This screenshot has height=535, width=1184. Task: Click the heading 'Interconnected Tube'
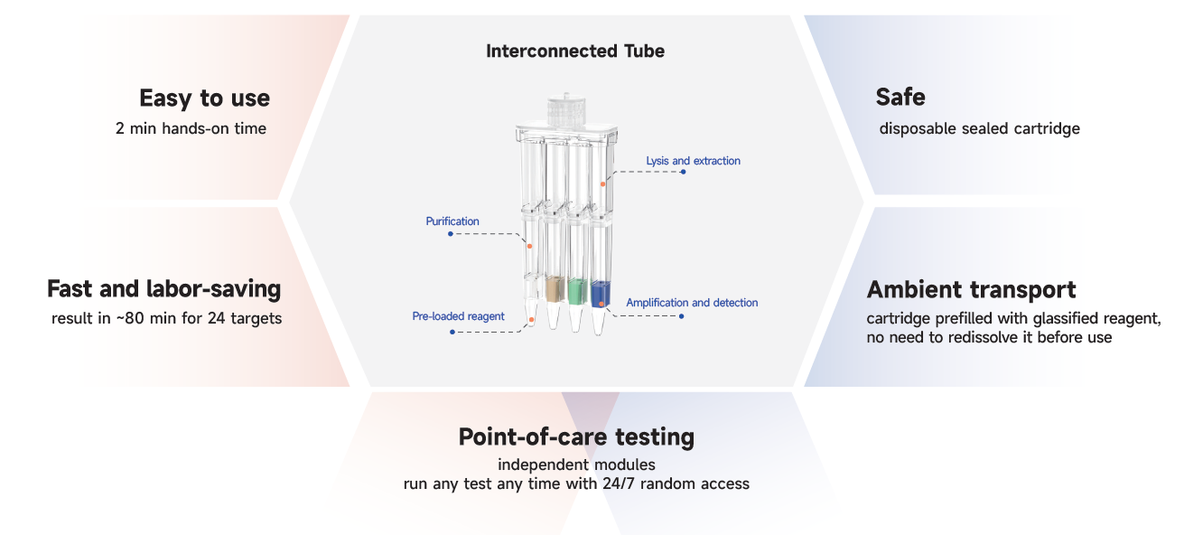click(x=574, y=52)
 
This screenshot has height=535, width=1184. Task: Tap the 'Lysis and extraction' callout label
click(x=693, y=161)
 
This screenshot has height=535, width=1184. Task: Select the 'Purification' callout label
click(x=452, y=221)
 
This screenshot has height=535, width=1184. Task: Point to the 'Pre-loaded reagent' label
click(x=458, y=316)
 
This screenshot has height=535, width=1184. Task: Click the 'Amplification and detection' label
click(x=692, y=303)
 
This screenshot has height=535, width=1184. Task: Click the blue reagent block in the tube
click(x=601, y=292)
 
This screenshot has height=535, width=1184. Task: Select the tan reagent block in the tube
click(x=555, y=289)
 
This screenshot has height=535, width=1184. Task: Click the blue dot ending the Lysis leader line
click(x=683, y=172)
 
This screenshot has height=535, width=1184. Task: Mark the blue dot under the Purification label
click(x=451, y=234)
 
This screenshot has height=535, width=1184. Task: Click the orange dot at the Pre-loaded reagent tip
click(x=532, y=321)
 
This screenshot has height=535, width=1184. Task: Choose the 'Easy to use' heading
click(x=204, y=98)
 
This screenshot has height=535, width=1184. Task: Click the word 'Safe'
click(x=900, y=97)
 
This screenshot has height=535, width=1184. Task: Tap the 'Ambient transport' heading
click(x=971, y=290)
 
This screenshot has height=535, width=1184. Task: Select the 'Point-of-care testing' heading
click(x=576, y=437)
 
